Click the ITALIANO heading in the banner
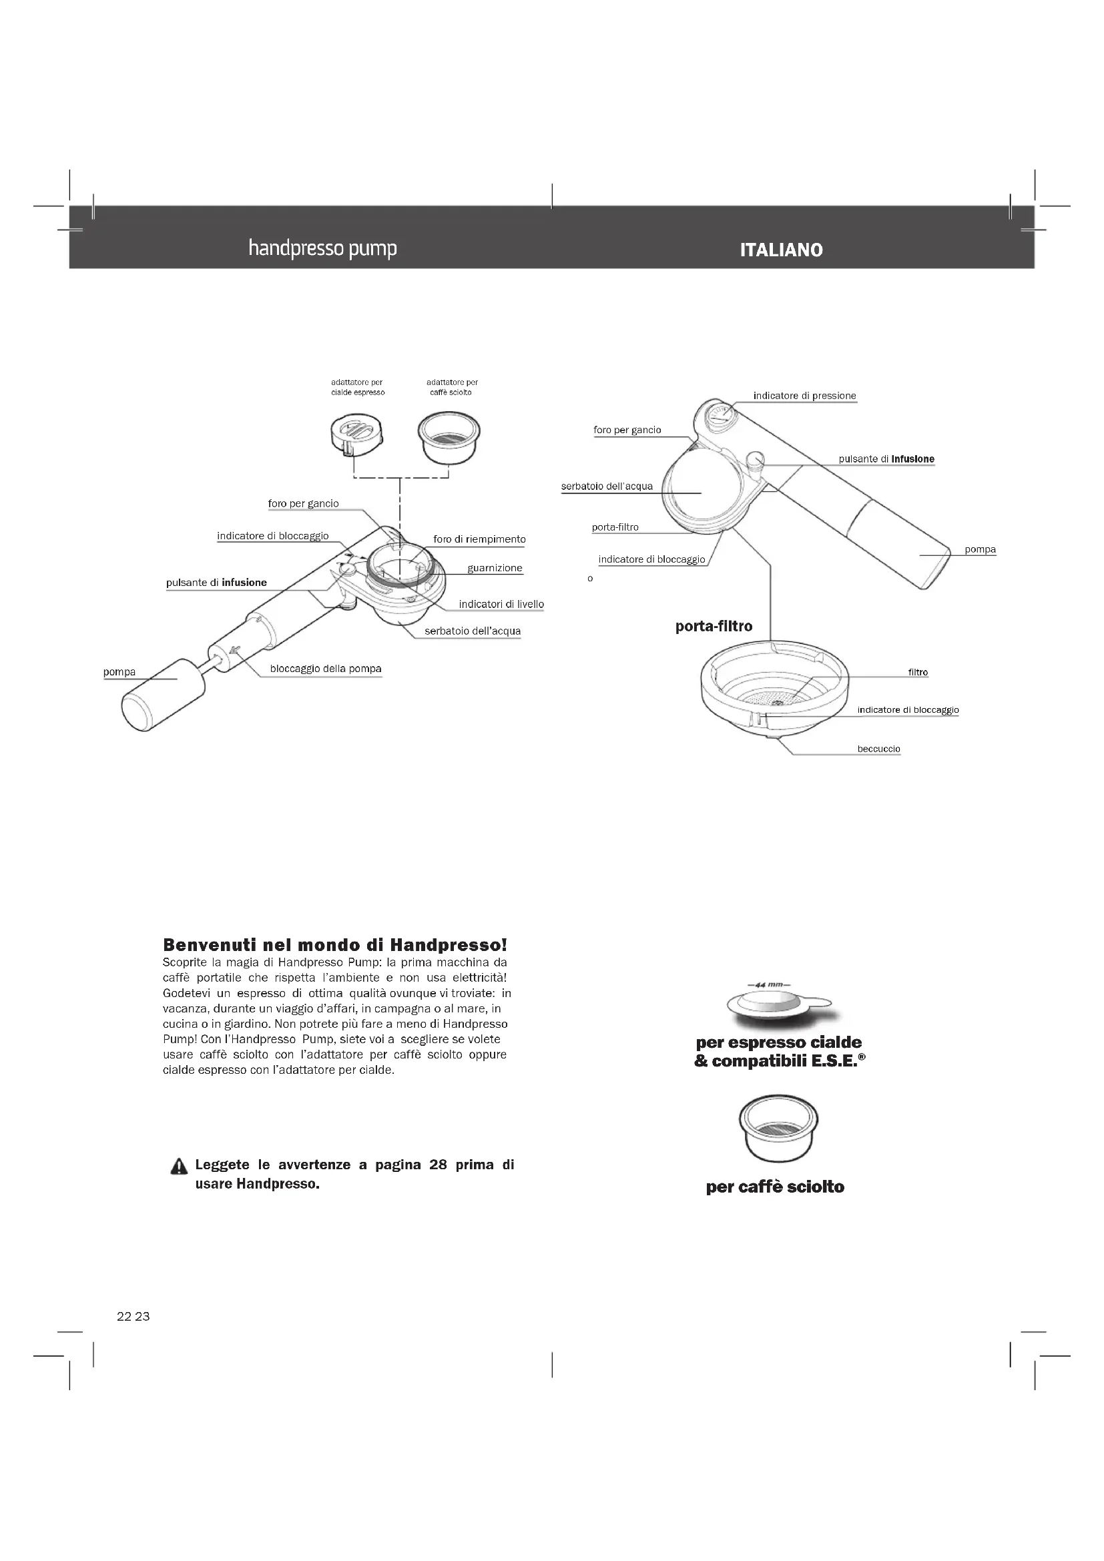tap(781, 250)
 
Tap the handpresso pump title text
tap(322, 248)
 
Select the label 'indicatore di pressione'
tap(804, 396)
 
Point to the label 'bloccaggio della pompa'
tap(326, 669)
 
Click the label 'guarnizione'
tap(495, 569)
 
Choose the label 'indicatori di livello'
tap(501, 605)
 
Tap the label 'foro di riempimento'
tap(479, 539)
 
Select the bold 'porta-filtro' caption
tap(714, 626)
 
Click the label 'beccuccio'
tap(878, 749)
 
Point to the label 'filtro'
tap(918, 673)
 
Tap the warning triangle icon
tap(179, 1167)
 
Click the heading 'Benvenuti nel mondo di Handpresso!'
tap(335, 944)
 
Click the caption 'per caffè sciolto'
tap(775, 1187)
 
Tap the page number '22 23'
tap(133, 1317)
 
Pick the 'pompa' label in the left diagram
tap(119, 673)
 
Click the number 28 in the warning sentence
tap(438, 1165)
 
